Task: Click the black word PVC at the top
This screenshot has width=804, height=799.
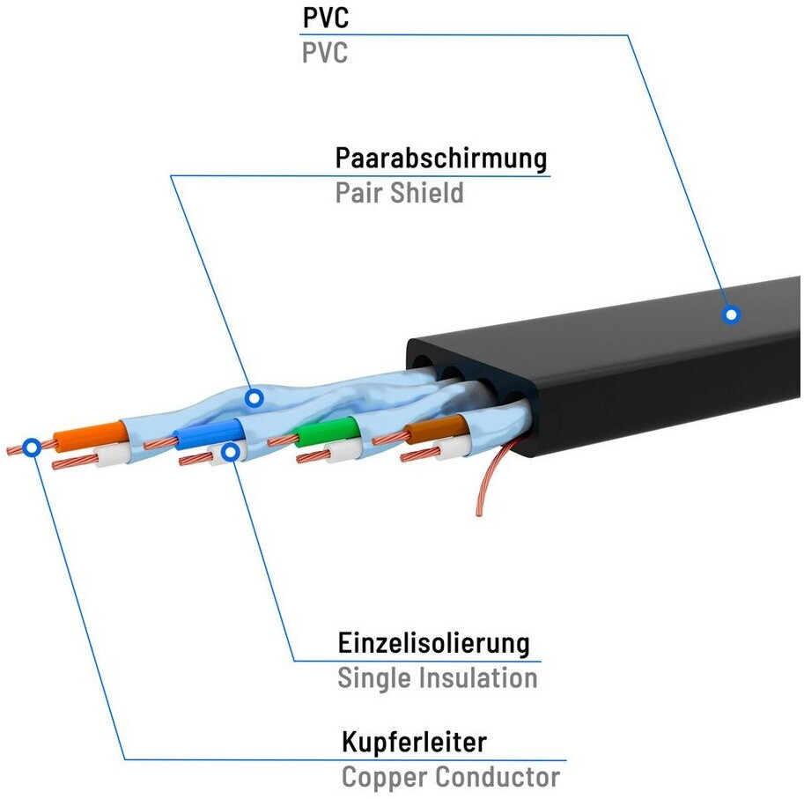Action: click(324, 18)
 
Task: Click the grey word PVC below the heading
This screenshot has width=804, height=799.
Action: click(324, 53)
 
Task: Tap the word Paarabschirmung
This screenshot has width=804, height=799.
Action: click(440, 159)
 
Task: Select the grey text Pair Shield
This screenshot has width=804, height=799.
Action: click(399, 193)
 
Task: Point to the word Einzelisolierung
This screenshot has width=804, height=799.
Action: click(434, 643)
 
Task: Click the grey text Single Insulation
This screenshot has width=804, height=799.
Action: click(437, 678)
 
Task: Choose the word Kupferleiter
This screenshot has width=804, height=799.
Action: click(414, 742)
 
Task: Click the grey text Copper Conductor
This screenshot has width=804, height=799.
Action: click(450, 778)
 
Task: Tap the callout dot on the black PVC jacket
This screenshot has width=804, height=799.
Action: click(730, 314)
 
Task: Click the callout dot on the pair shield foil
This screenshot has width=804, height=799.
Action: click(254, 399)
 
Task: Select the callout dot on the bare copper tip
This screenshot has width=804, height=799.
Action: click(32, 447)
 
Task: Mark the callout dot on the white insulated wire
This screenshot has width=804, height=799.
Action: click(231, 452)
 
